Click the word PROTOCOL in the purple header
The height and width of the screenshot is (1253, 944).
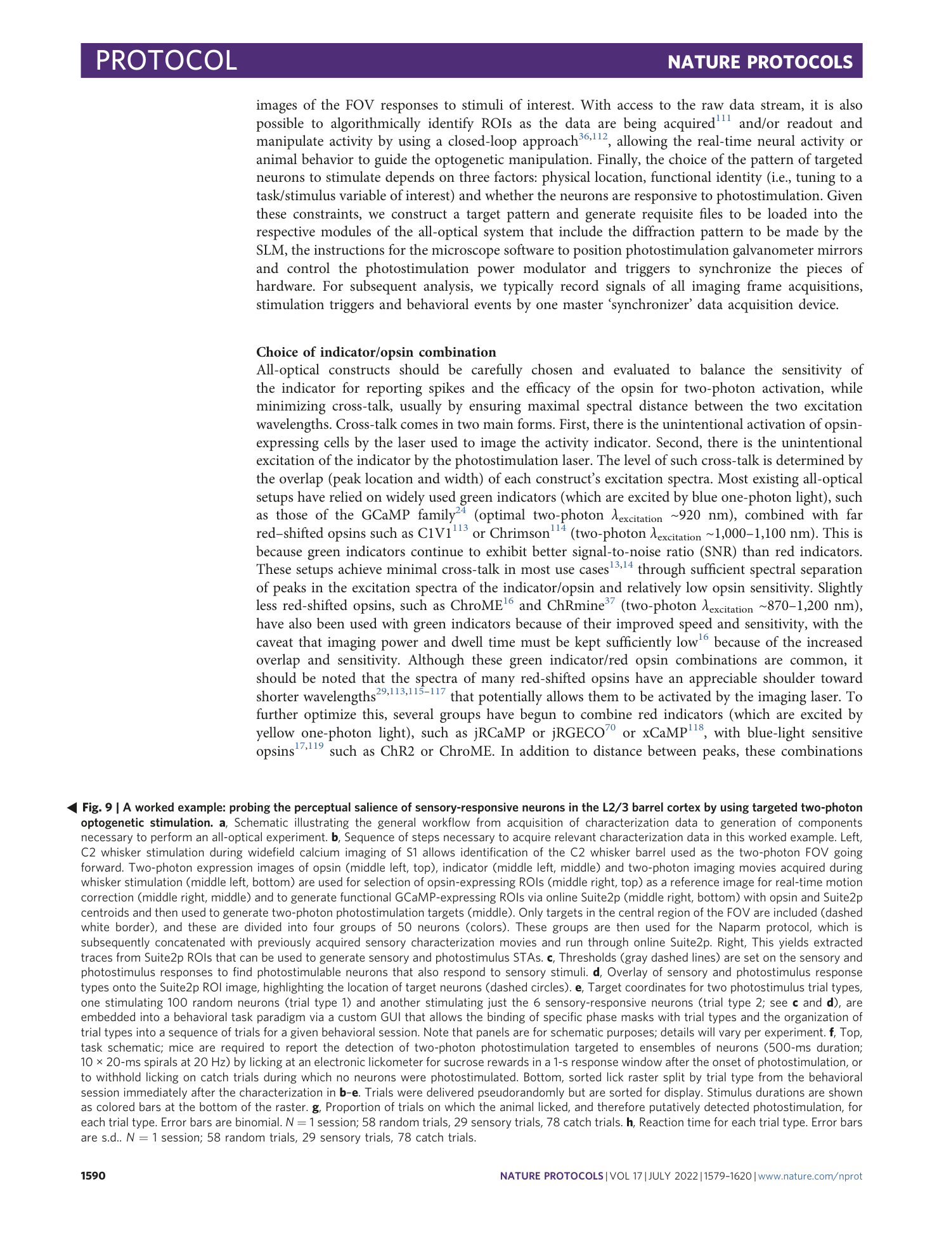click(166, 61)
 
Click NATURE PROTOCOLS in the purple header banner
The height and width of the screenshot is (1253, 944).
click(760, 62)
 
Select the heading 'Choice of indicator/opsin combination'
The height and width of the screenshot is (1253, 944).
click(376, 352)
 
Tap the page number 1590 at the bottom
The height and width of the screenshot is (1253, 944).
click(93, 1176)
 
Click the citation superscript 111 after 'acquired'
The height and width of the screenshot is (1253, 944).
click(723, 118)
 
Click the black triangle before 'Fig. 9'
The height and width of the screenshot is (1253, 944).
click(72, 808)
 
